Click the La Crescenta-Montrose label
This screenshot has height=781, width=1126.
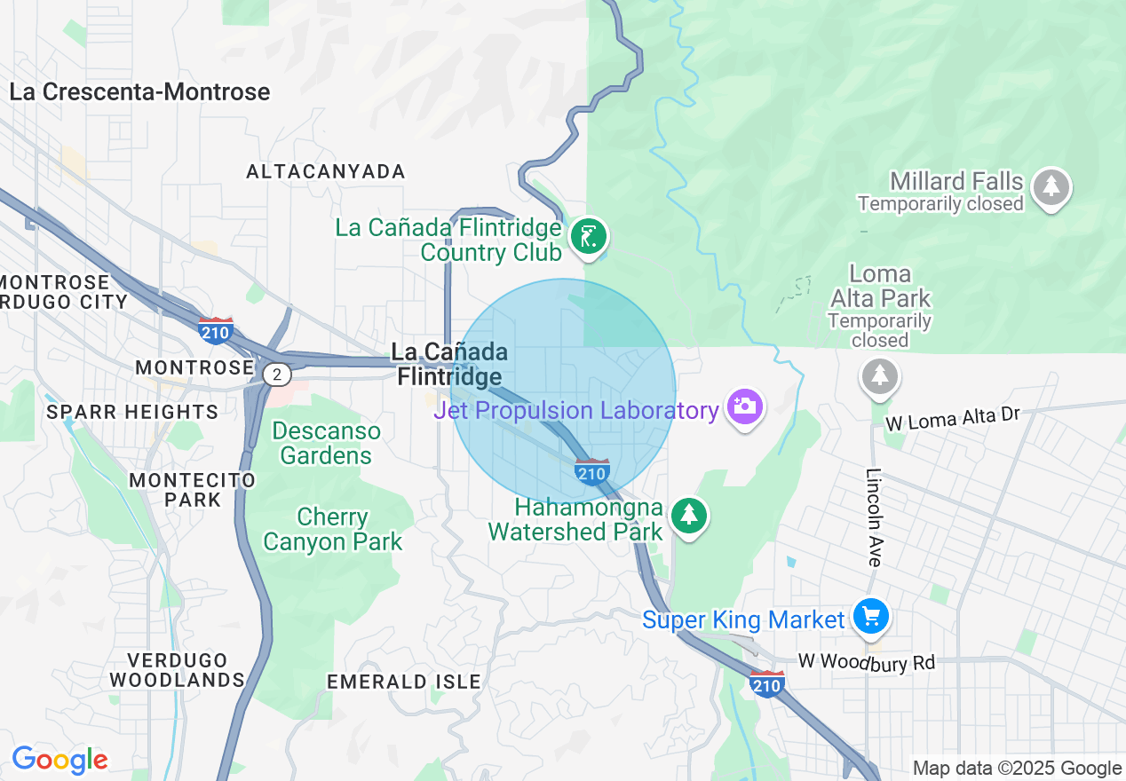point(139,92)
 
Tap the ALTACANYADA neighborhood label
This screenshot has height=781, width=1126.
point(325,171)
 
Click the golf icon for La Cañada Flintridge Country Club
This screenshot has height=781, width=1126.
point(588,237)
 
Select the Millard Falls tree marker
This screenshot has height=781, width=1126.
point(1052,186)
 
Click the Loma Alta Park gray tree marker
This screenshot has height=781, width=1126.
point(879,375)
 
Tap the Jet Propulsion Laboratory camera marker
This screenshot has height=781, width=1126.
point(744,407)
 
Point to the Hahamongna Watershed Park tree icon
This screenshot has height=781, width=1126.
point(687,516)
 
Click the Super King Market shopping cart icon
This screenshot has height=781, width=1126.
point(869,616)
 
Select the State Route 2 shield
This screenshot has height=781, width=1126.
point(277,375)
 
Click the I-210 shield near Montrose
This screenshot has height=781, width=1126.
point(216,331)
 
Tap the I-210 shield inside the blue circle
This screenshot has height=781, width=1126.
point(591,472)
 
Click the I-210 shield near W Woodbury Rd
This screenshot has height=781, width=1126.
point(766,683)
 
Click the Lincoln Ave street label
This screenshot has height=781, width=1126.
point(874,517)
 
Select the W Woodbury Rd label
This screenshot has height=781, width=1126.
point(867,662)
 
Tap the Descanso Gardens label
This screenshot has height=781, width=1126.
point(327,443)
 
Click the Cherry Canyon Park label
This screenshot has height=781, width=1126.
point(333,529)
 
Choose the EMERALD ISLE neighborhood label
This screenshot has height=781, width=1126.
point(404,682)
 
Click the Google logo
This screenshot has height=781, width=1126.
point(59,760)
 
